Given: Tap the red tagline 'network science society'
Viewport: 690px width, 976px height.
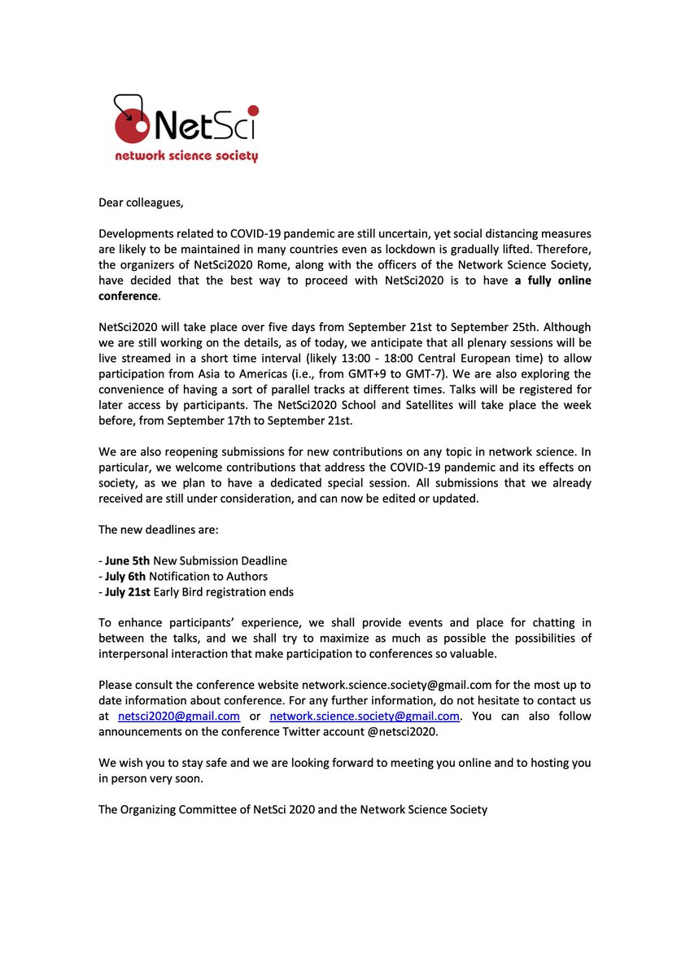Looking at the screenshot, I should point(186,156).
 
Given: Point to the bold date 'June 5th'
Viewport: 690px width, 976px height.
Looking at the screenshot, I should point(127,560).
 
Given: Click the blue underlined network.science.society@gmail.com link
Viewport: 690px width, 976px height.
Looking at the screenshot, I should point(365,716).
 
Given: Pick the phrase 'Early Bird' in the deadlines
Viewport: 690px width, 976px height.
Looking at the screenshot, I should point(187,591).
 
